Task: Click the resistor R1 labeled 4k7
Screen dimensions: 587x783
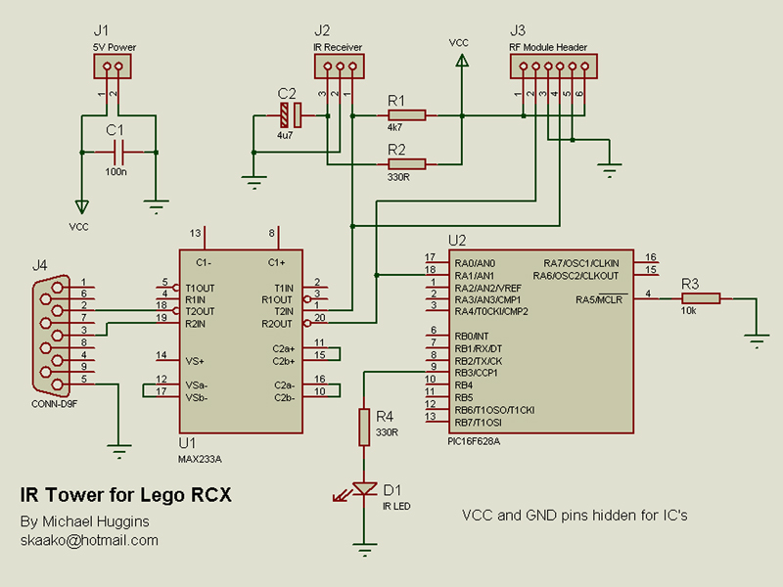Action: click(405, 114)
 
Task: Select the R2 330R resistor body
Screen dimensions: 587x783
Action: click(405, 163)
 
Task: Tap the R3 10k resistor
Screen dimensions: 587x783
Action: click(700, 297)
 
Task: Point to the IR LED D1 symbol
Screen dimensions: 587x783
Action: click(364, 488)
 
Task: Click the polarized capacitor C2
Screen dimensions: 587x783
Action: click(291, 115)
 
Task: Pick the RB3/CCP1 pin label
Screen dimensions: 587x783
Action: click(478, 373)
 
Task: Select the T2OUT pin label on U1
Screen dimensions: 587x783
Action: click(201, 311)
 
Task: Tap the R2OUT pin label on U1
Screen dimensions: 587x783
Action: click(277, 323)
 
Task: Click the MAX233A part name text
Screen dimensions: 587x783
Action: click(201, 458)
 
